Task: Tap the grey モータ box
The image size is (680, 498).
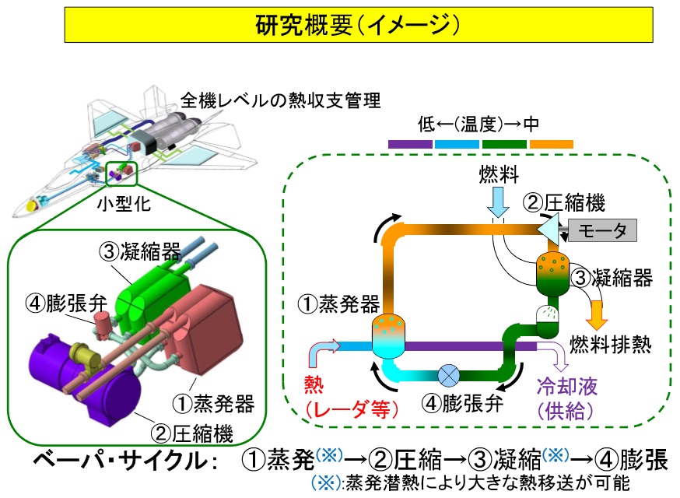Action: pyautogui.click(x=602, y=230)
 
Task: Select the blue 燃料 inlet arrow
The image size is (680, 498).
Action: pyautogui.click(x=497, y=203)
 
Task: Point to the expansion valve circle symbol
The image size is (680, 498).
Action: pyautogui.click(x=450, y=374)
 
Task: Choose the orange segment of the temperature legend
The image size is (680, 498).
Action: pyautogui.click(x=551, y=143)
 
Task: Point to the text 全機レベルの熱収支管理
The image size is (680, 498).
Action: pyautogui.click(x=281, y=100)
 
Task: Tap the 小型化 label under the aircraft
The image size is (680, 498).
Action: pyautogui.click(x=121, y=205)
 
